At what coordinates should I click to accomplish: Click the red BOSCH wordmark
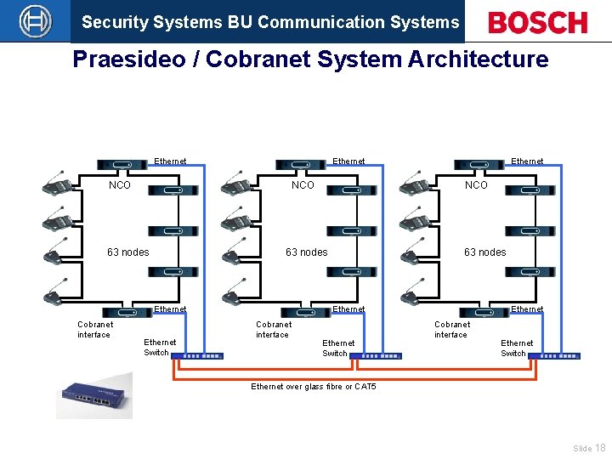(537, 22)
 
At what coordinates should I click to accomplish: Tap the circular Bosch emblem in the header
(35, 21)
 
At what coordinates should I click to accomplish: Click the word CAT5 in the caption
(365, 387)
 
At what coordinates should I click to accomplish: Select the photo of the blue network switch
(94, 395)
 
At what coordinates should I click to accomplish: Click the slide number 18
(600, 448)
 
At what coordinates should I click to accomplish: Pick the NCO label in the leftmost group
(120, 185)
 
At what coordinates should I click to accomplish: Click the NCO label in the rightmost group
(476, 185)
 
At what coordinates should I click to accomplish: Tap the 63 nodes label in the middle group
(306, 252)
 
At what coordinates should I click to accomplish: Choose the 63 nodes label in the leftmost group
(127, 252)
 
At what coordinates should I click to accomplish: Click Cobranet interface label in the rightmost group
(451, 330)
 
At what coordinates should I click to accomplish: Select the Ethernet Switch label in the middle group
(337, 348)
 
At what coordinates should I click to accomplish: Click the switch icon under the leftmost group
(202, 355)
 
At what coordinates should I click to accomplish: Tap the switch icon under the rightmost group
(559, 355)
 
